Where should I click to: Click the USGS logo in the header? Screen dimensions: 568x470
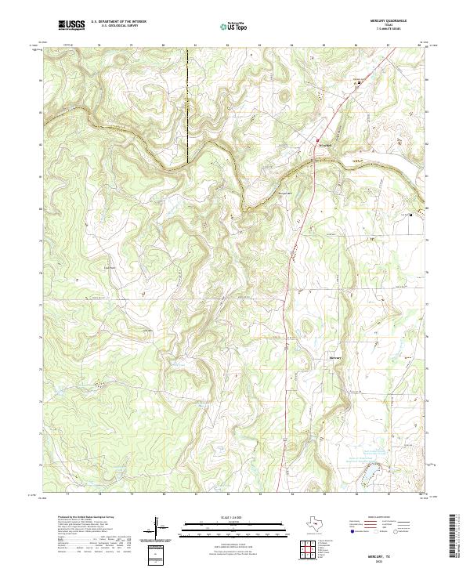[71, 26]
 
